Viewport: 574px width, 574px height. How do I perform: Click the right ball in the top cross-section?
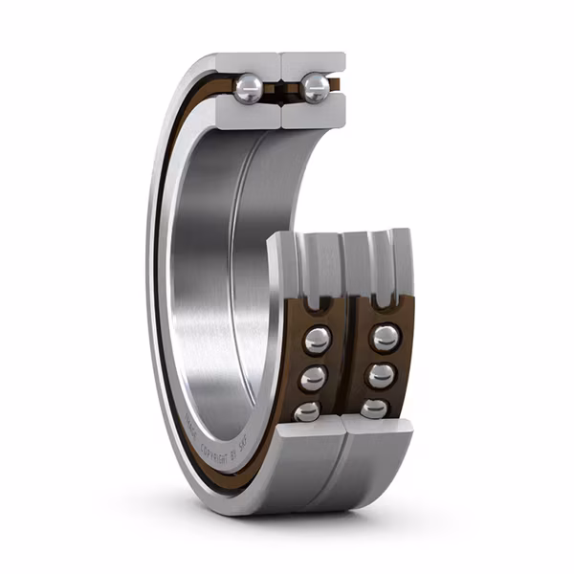pyautogui.click(x=314, y=88)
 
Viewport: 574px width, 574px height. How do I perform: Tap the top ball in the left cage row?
pyautogui.click(x=317, y=339)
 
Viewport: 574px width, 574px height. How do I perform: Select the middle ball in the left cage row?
pyautogui.click(x=313, y=378)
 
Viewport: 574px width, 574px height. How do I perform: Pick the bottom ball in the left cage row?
pyautogui.click(x=307, y=410)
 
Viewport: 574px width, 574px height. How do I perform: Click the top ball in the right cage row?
pyautogui.click(x=385, y=337)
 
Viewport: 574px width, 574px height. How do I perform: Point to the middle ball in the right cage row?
pyautogui.click(x=381, y=375)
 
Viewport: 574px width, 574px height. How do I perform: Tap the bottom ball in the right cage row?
pyautogui.click(x=374, y=408)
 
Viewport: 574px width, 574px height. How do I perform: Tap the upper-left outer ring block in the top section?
pyautogui.click(x=247, y=63)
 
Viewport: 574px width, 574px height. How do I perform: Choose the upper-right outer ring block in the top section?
pyautogui.click(x=314, y=63)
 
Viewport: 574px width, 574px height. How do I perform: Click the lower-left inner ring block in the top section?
pyautogui.click(x=251, y=115)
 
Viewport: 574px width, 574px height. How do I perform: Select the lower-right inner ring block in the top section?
pyautogui.click(x=313, y=115)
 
